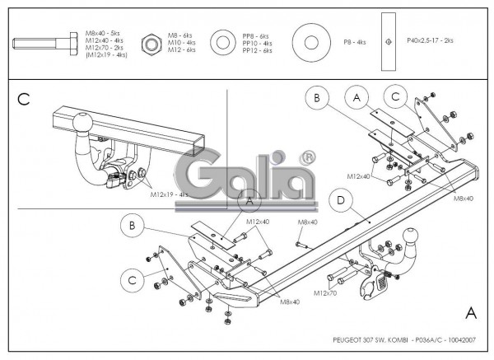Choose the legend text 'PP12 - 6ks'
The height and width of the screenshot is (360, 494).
(x=257, y=51)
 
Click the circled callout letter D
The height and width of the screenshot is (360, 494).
(x=339, y=199)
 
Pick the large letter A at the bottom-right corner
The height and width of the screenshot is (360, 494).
(x=470, y=313)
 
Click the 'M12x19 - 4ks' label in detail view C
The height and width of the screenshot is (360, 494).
(x=170, y=195)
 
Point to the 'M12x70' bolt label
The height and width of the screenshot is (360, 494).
(x=327, y=292)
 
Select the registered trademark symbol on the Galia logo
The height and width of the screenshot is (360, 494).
(x=306, y=156)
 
